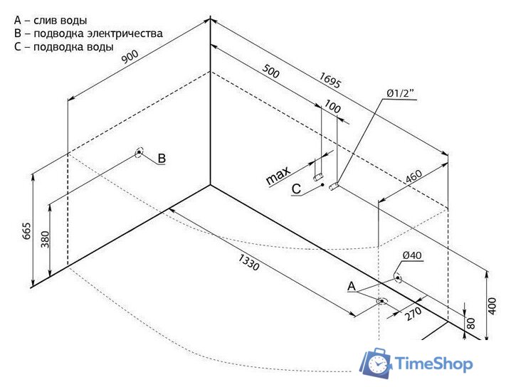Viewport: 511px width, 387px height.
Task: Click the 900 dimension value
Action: [x=129, y=59]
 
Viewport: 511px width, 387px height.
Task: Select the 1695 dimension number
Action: [x=331, y=80]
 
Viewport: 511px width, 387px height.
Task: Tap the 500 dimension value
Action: [x=271, y=72]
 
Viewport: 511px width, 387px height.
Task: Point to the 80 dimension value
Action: [x=470, y=322]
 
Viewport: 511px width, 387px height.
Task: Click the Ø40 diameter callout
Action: [x=412, y=255]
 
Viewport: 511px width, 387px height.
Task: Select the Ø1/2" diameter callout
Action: [x=401, y=94]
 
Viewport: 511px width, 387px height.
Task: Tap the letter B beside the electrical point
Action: [x=162, y=158]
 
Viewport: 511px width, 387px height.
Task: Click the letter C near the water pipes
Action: [x=297, y=189]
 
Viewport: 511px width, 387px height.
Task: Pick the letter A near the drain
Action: [x=351, y=286]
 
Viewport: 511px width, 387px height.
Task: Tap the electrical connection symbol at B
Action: [x=138, y=152]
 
